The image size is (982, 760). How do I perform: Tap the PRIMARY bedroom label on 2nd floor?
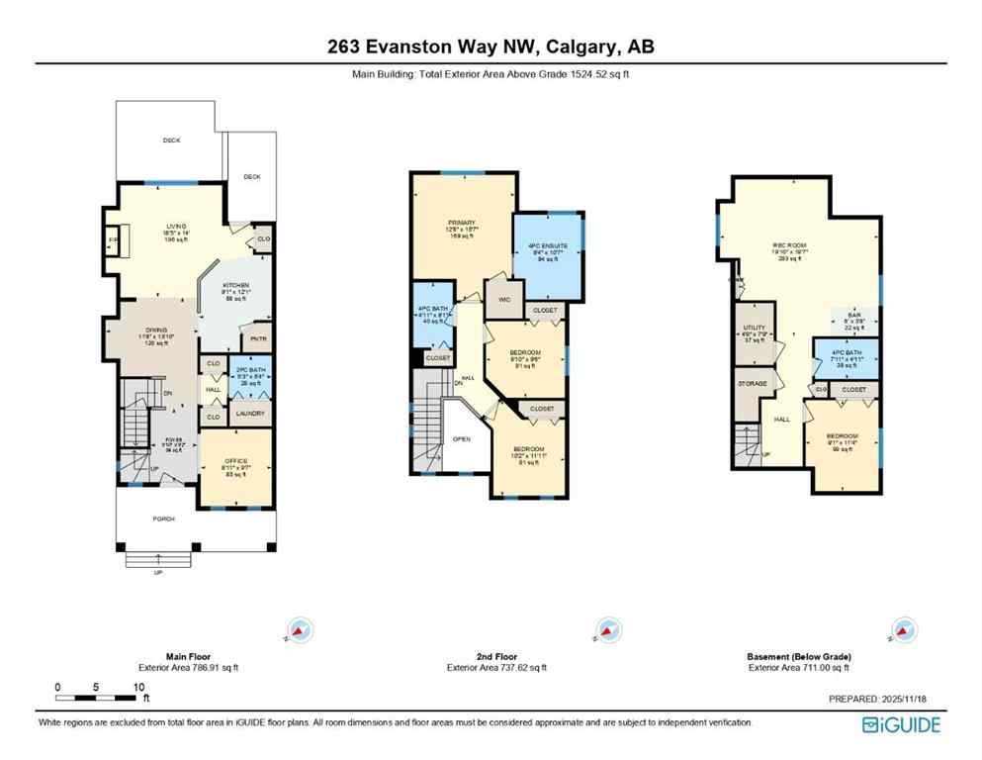coord(461,222)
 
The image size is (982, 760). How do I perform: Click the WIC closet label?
coord(500,298)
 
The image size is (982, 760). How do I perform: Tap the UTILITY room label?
coord(755,328)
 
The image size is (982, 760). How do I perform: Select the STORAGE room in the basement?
coord(754,382)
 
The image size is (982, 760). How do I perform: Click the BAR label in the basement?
coord(853,315)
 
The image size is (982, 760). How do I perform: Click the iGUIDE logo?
coord(901,724)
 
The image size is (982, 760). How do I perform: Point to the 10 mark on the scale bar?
coord(139,687)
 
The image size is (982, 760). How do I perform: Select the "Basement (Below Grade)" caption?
coord(799,656)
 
